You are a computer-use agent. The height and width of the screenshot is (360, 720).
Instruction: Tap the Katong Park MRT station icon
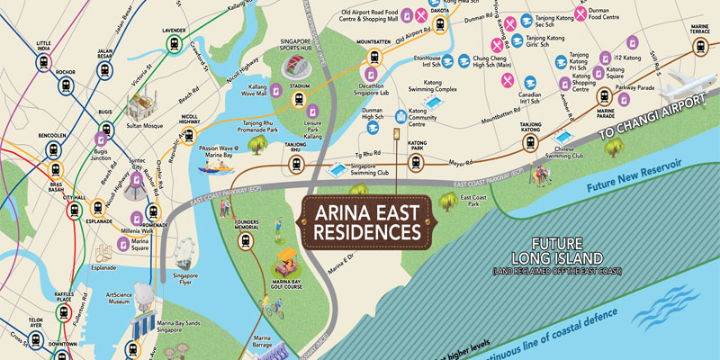[415, 162]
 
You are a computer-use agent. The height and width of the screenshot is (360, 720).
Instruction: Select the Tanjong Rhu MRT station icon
[293, 164]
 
